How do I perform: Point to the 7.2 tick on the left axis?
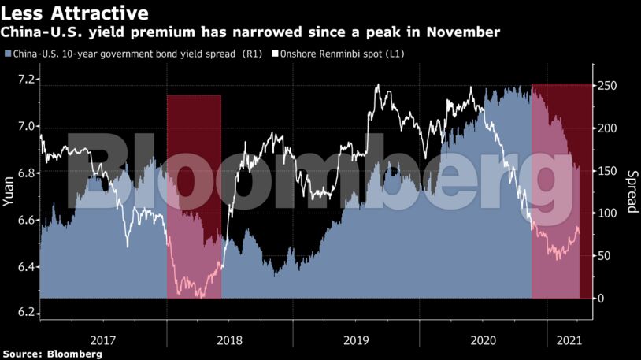click(x=26, y=80)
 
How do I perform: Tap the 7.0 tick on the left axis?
click(x=26, y=126)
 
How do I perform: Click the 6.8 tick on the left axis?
click(x=26, y=173)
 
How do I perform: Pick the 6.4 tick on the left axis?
click(x=26, y=267)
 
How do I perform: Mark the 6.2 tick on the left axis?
click(x=26, y=314)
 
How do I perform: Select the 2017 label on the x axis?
click(x=103, y=340)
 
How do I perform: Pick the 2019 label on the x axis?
click(x=356, y=340)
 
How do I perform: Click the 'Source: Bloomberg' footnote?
click(x=51, y=354)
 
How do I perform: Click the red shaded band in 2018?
click(x=194, y=196)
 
